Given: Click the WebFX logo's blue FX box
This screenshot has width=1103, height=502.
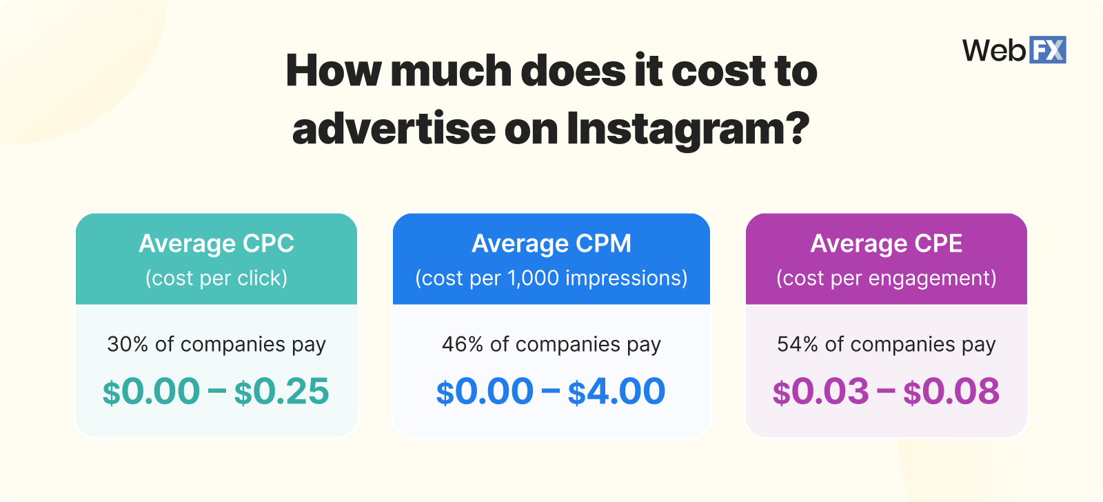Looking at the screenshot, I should click(x=1047, y=50).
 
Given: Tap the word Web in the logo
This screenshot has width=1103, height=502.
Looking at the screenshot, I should click(x=994, y=50).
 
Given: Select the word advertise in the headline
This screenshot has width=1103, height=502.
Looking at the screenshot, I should click(x=394, y=129).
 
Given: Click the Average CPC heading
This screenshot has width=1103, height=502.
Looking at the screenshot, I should click(x=216, y=243).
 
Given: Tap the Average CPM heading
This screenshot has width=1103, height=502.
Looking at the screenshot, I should click(x=551, y=243).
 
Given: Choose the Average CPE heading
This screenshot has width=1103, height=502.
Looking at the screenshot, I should click(x=887, y=243).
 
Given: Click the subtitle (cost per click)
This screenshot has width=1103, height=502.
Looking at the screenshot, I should click(x=216, y=278).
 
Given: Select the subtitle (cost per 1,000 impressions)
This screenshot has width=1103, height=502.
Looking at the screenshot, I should click(x=551, y=278).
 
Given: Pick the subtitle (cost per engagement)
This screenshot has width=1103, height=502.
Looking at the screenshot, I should click(x=887, y=278).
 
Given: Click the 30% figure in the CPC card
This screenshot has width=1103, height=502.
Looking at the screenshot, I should click(x=128, y=344).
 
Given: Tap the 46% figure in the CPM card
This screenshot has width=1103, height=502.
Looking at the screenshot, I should click(x=463, y=344).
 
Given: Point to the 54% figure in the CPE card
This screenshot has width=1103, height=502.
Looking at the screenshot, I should click(x=798, y=344).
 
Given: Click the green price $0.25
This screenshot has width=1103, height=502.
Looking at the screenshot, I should click(x=282, y=392).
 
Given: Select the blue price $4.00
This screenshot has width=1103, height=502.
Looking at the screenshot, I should click(x=617, y=392).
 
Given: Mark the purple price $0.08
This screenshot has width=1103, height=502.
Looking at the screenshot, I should click(x=951, y=392).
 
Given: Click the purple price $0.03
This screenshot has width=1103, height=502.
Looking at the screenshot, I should click(x=820, y=392).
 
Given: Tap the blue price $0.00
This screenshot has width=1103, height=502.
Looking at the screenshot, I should click(x=485, y=392).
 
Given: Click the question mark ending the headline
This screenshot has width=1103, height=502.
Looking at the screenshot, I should click(x=798, y=129).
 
